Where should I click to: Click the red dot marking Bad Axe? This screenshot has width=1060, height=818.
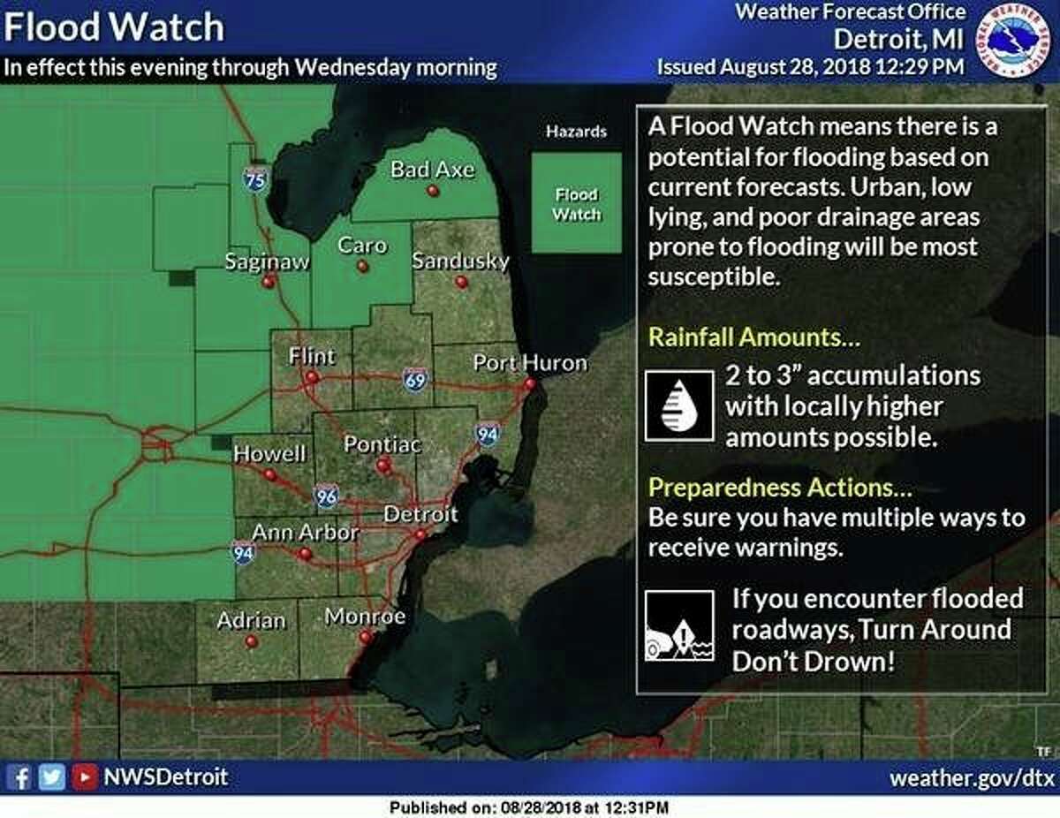433,191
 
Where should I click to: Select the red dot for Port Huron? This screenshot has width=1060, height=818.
529,383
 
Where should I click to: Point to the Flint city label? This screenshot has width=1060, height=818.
312,356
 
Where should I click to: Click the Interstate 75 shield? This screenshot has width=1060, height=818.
254,179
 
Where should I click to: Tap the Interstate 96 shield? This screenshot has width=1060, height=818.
326,497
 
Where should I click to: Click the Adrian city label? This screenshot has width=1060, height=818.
251,620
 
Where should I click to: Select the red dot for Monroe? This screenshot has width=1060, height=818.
365,636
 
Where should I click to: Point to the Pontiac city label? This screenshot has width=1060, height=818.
382,443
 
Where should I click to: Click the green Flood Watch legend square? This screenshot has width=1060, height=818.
576,204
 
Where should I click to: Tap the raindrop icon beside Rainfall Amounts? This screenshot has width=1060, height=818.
678,405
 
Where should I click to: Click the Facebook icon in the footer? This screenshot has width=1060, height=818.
24,777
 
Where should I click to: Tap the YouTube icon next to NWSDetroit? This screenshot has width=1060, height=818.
85,777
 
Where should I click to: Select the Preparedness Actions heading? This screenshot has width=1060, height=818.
780,488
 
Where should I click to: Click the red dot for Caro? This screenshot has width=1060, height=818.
361,266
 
